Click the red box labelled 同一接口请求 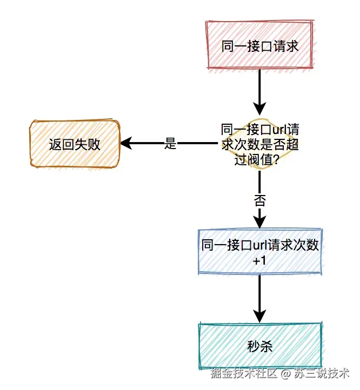[x=259, y=46]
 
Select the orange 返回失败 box [x=75, y=144]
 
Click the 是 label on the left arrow [x=170, y=144]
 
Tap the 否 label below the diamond [x=260, y=200]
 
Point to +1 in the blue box [x=260, y=260]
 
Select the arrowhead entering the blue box [x=260, y=221]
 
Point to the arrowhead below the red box [x=260, y=104]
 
